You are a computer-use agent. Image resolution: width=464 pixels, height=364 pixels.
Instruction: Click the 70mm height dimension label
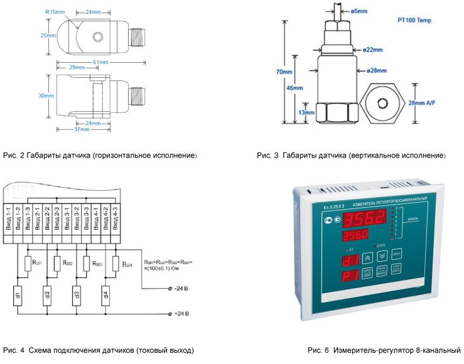(x=284, y=72)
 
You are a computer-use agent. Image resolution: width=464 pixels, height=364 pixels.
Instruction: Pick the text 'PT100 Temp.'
(x=415, y=20)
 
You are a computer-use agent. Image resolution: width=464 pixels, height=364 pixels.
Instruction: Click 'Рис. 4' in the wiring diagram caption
(x=13, y=350)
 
